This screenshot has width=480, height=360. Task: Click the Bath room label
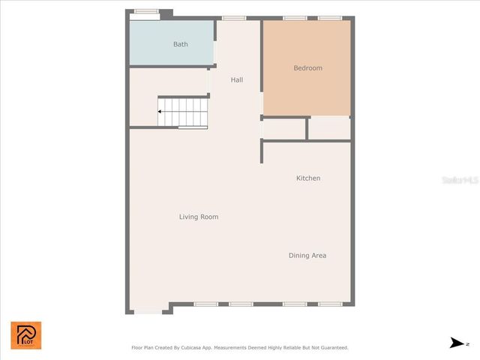coord(181,44)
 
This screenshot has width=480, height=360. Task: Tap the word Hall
coord(237,80)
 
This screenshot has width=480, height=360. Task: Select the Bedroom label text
coord(307,68)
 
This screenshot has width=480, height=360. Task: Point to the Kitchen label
coord(308,178)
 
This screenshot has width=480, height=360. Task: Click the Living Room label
coord(199,217)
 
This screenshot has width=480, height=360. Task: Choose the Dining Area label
coord(307,256)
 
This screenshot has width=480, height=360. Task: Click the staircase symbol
coord(182,112)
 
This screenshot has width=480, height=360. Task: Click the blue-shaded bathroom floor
coord(157,52)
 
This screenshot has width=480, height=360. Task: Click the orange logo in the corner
coord(26,335)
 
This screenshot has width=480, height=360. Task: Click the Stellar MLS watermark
coord(459,181)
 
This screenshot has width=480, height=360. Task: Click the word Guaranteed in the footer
coord(331,348)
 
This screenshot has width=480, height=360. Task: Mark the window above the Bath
coord(146,10)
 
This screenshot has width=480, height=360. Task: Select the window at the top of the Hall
coord(234,18)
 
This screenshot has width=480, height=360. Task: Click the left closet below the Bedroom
coord(284,129)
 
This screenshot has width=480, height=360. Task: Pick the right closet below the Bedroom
coord(329,129)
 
